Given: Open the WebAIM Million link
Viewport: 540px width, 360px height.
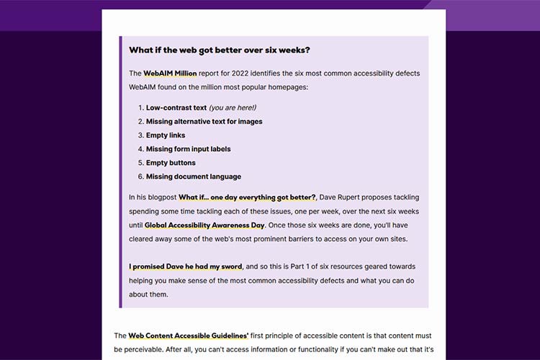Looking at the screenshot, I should [170, 73].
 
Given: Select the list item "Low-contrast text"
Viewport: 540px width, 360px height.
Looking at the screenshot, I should [176, 108].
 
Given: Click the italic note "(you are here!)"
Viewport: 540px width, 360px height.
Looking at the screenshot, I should [232, 108].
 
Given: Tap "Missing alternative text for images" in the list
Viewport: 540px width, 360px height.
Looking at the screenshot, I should [204, 122].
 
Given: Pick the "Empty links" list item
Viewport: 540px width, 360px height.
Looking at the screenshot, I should [166, 135].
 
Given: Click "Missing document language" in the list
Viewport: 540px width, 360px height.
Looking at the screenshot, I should [193, 176].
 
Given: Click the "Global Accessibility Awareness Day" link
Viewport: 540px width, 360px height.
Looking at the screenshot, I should [204, 225].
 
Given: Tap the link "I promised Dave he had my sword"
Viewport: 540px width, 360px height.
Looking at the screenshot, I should [186, 266].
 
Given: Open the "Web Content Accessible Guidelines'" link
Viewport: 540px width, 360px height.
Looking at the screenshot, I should [189, 336].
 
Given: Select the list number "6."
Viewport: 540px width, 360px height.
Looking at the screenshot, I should [140, 176].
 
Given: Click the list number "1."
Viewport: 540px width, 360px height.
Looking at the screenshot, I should [140, 108].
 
